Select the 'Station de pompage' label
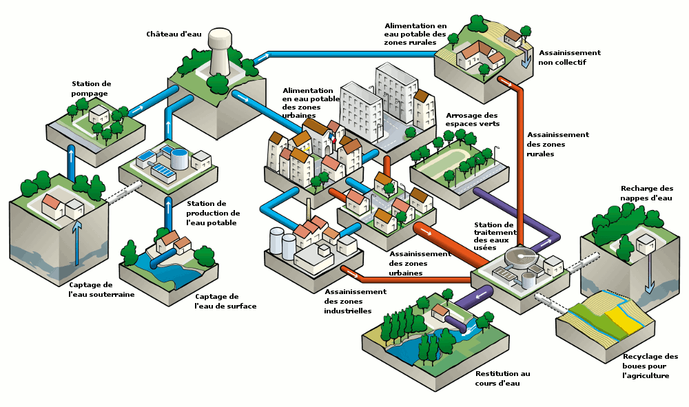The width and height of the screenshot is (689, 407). (91, 88)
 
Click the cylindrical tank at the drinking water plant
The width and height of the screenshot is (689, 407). (179, 158)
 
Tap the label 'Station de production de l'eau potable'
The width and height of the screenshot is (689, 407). (212, 213)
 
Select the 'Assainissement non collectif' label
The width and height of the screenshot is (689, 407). (569, 57)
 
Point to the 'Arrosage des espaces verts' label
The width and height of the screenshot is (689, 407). (472, 119)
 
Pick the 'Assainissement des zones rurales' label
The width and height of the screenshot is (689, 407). (557, 144)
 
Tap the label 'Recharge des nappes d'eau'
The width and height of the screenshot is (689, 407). (646, 193)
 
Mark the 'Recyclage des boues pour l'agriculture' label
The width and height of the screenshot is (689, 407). (650, 366)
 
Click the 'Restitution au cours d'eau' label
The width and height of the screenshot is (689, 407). (502, 378)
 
